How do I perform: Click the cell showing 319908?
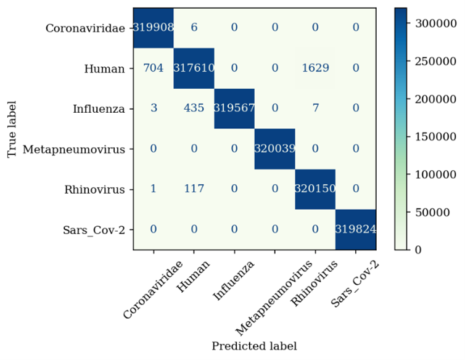pyautogui.click(x=154, y=28)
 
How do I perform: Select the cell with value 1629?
pyautogui.click(x=315, y=68)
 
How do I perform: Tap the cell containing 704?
pyautogui.click(x=154, y=68)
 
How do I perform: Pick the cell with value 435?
pyautogui.click(x=194, y=109)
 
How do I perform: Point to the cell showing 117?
pyautogui.click(x=194, y=189)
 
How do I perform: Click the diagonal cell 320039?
pyautogui.click(x=274, y=149)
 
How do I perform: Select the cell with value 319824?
pyautogui.click(x=356, y=229)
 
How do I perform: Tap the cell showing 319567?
pyautogui.click(x=234, y=109)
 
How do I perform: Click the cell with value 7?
pyautogui.click(x=315, y=109)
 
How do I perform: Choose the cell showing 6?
pyautogui.click(x=194, y=28)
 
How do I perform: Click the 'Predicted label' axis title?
pyautogui.click(x=254, y=346)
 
